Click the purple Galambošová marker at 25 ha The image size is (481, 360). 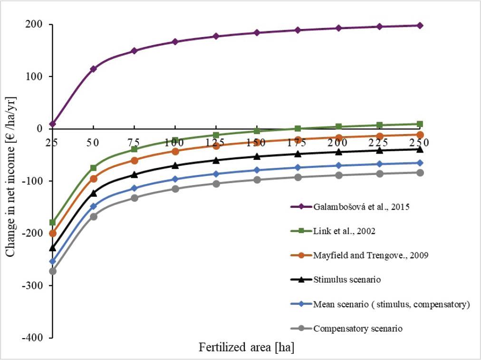pyautogui.click(x=52, y=124)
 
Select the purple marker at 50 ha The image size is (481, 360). pyautogui.click(x=94, y=69)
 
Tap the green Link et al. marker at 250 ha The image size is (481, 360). pyautogui.click(x=420, y=124)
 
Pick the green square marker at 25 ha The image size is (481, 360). pyautogui.click(x=52, y=223)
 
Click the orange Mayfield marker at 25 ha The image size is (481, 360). pyautogui.click(x=52, y=234)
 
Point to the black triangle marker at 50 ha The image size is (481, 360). pyautogui.click(x=94, y=193)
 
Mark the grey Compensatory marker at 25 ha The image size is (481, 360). pyautogui.click(x=52, y=271)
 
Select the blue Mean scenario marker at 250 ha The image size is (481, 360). pyautogui.click(x=420, y=163)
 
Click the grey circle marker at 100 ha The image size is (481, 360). pyautogui.click(x=175, y=189)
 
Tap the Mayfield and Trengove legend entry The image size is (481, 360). pyautogui.click(x=371, y=255)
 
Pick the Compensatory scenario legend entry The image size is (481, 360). pyautogui.click(x=358, y=329)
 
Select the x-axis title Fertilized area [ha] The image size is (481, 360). pyautogui.click(x=246, y=348)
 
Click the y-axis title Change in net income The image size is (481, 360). pyautogui.click(x=10, y=176)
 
